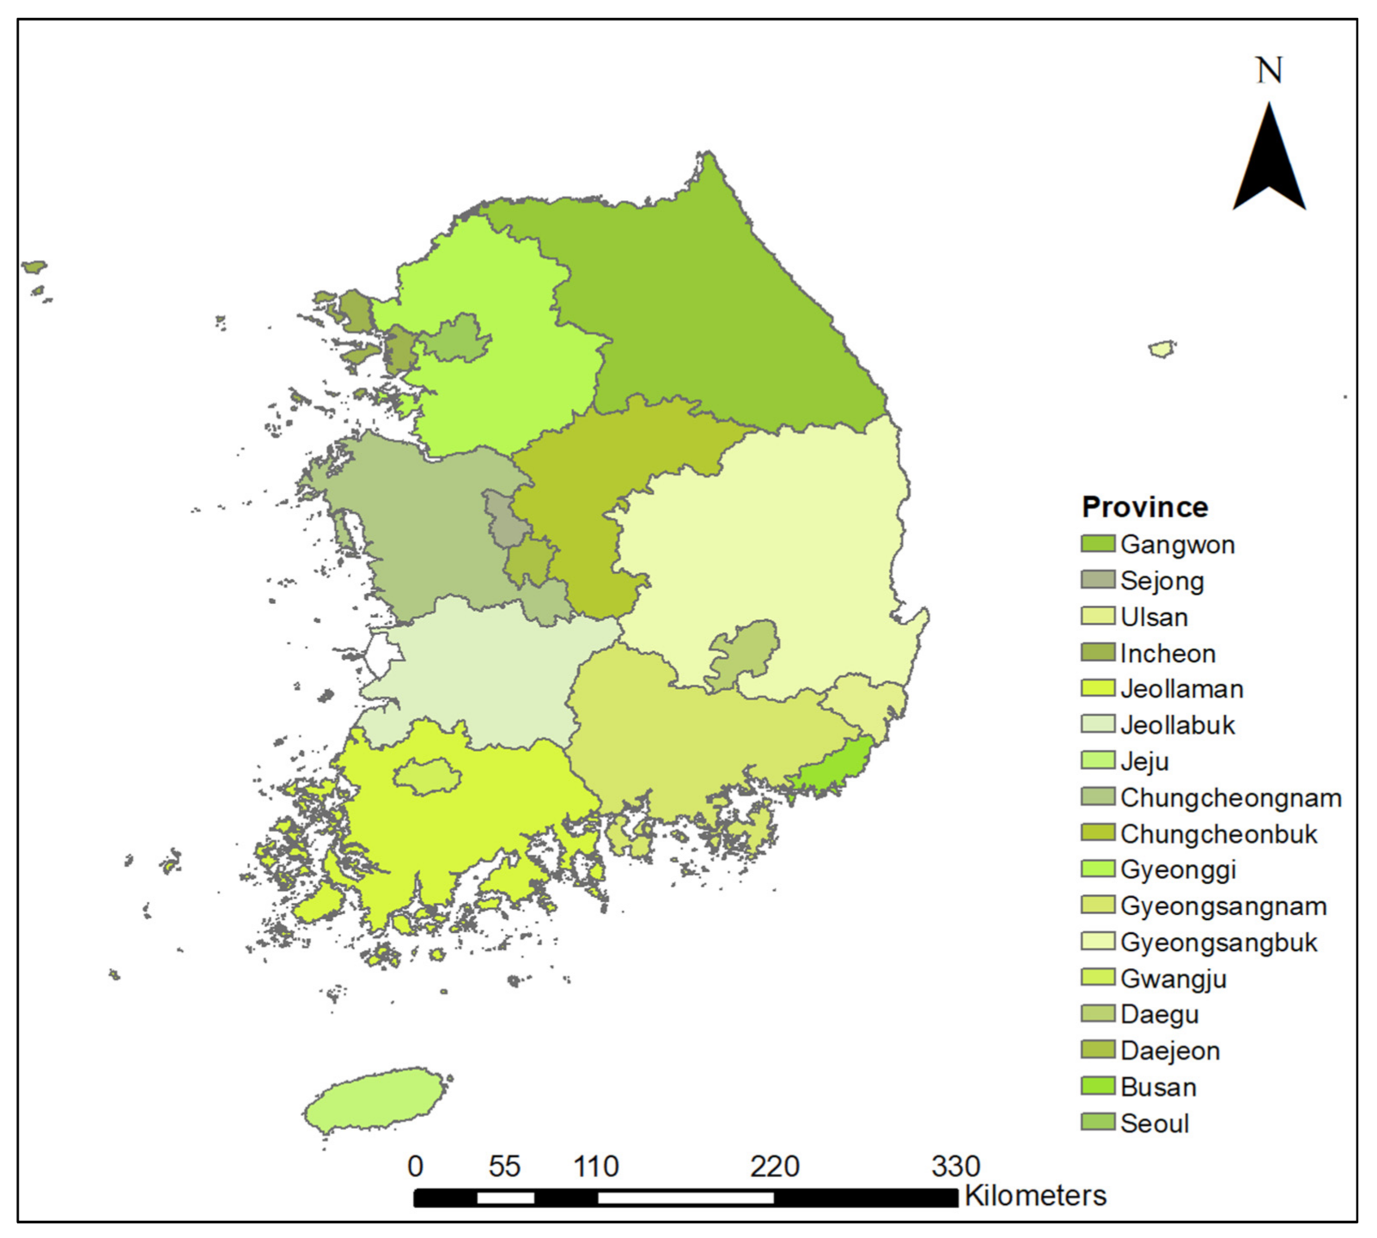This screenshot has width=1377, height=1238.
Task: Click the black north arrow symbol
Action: point(1269,163)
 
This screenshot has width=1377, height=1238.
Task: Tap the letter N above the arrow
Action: point(1269,70)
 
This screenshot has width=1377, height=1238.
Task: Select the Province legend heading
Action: point(1144,507)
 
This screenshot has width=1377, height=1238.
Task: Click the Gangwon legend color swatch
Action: point(1097,544)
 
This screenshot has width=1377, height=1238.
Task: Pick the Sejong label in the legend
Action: point(1161,581)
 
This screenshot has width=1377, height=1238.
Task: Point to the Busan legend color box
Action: point(1097,1087)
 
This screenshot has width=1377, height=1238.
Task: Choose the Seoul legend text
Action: point(1155,1123)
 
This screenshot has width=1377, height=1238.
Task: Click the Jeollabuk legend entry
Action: point(1177,725)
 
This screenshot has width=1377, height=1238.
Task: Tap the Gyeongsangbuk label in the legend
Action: point(1218,942)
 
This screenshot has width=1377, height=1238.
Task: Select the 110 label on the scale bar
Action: point(596,1166)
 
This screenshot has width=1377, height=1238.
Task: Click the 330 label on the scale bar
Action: point(955,1166)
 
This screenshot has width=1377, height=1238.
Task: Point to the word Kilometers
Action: point(1035,1195)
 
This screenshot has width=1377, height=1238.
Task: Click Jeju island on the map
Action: point(374,1101)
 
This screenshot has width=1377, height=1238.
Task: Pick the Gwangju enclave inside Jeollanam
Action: point(427,777)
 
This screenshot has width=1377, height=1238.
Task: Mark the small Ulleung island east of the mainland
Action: point(1161,349)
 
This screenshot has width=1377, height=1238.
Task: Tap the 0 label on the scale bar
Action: point(415,1166)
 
